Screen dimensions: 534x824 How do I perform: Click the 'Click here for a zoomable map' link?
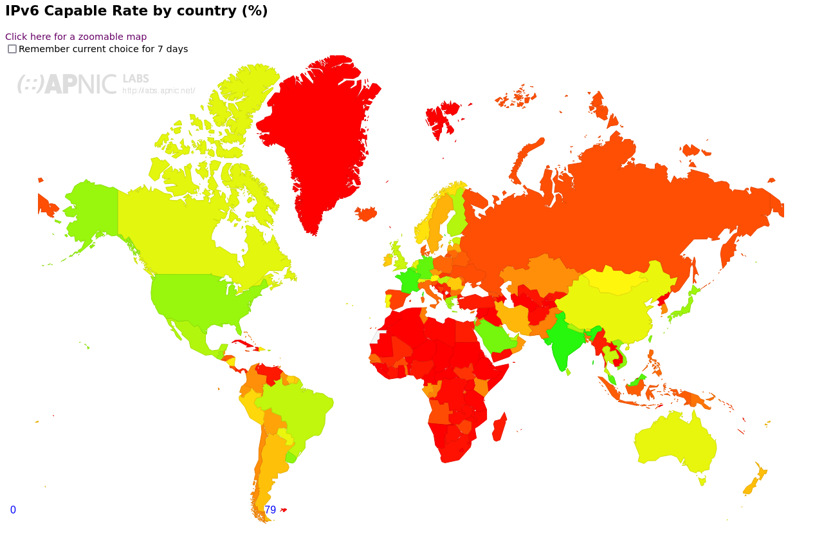(x=76, y=37)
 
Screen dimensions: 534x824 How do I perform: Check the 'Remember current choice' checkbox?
(x=12, y=49)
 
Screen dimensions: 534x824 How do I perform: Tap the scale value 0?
(x=13, y=510)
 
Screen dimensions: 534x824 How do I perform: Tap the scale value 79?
(x=270, y=510)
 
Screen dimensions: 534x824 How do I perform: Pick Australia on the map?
(x=675, y=444)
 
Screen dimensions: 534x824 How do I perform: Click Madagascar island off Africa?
(x=499, y=428)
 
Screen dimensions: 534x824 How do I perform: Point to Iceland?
(x=366, y=214)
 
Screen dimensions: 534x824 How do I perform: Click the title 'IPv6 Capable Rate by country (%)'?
(x=136, y=12)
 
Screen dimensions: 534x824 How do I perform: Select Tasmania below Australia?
(x=702, y=481)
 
